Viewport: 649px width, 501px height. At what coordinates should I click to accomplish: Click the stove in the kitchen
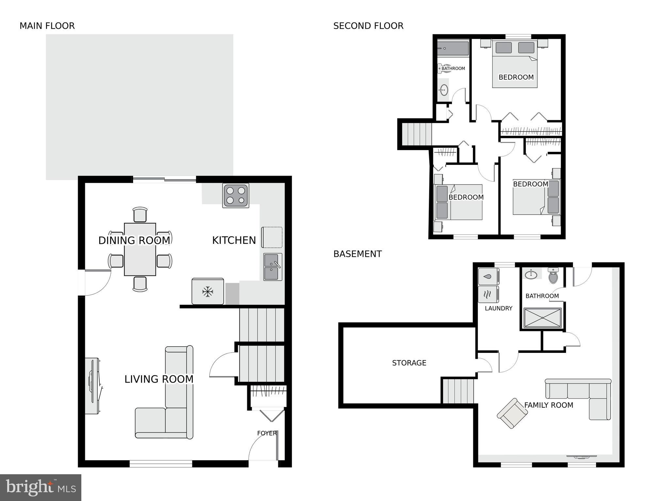point(235,195)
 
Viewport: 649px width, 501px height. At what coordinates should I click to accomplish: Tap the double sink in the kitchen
point(272,267)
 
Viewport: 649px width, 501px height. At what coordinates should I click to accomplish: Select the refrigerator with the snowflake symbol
point(208,291)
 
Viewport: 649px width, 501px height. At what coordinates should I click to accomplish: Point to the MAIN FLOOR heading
point(47,26)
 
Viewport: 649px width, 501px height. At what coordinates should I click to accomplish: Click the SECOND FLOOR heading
point(368,26)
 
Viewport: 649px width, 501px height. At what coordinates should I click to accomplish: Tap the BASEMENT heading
point(357,254)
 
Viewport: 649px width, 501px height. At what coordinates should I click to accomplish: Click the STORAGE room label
point(409,363)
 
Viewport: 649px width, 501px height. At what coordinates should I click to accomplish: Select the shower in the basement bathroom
point(542,318)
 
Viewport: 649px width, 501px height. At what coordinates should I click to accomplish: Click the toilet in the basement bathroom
point(553,276)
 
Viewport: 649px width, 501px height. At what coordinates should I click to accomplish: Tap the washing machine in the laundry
point(488,276)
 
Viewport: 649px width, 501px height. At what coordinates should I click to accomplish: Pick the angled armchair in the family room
point(512,413)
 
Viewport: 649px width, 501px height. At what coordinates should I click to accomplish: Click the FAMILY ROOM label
point(548,405)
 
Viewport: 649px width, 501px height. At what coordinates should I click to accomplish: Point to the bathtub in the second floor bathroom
point(453,48)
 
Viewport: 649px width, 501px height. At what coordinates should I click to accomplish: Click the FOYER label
point(267,433)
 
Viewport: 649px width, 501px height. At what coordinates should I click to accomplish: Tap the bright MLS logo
point(41,487)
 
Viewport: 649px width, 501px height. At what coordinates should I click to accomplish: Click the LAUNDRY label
point(498,308)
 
